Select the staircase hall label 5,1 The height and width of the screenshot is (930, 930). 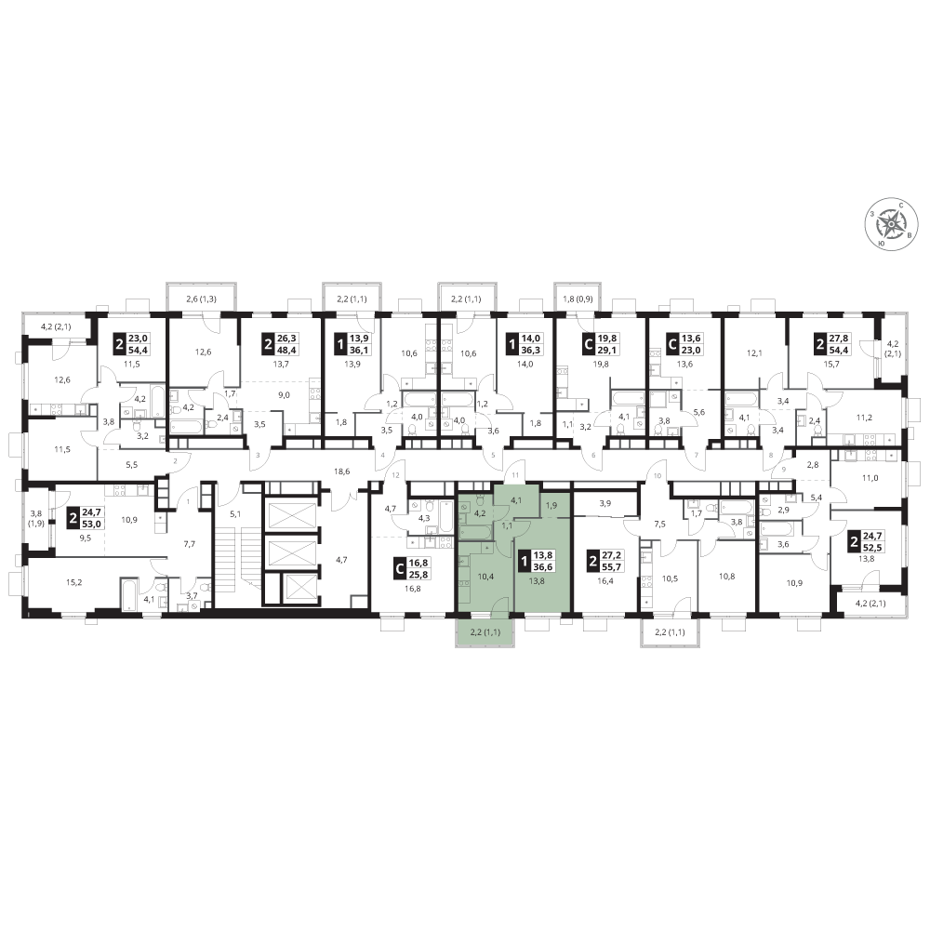click(235, 514)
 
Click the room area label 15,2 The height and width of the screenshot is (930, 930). click(73, 582)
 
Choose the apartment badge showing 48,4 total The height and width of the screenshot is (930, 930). click(281, 343)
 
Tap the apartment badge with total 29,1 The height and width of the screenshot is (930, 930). click(600, 343)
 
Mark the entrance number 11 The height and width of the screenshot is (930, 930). click(515, 475)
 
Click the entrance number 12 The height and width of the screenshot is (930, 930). click(396, 475)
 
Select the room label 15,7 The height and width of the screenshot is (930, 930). click(831, 365)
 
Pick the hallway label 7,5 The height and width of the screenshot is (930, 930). click(659, 524)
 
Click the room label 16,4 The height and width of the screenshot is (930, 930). click(605, 581)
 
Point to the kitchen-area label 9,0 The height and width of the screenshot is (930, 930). click(284, 395)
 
